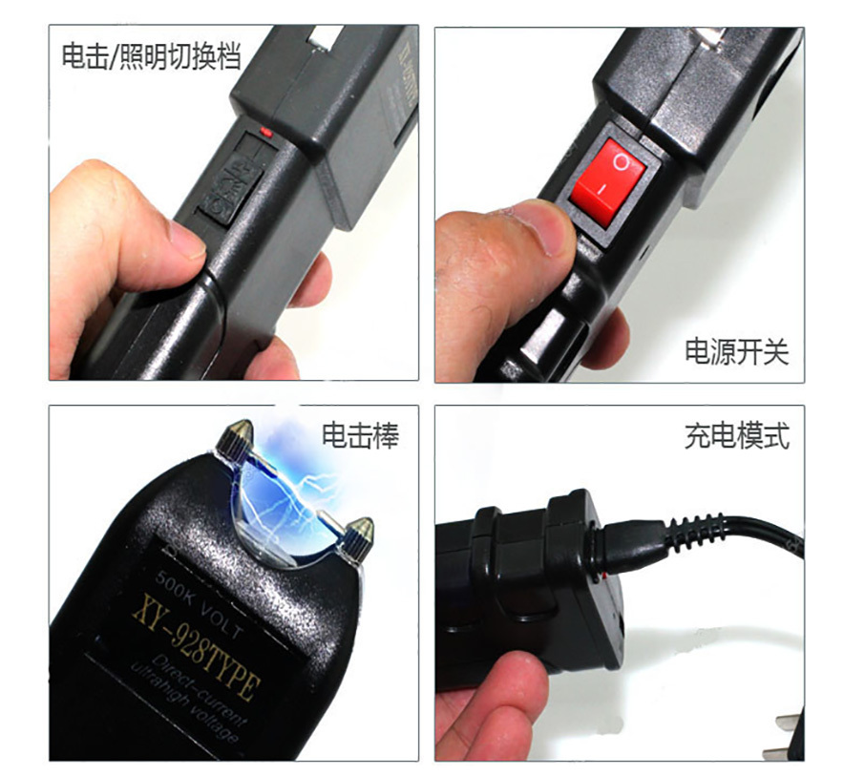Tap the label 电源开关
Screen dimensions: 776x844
tap(736, 351)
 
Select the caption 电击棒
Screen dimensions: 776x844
tap(360, 435)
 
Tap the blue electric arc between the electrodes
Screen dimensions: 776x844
tap(286, 492)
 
